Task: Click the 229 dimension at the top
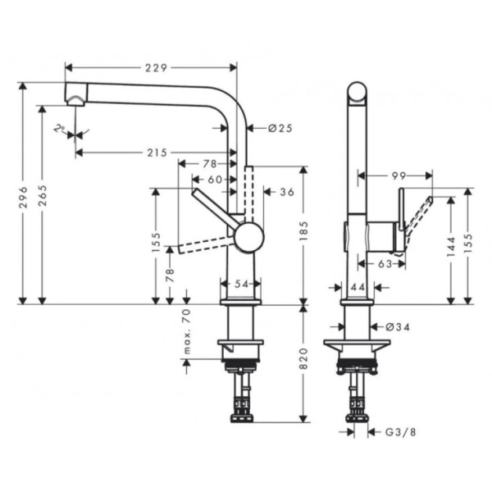click(x=150, y=68)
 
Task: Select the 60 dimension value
click(x=214, y=178)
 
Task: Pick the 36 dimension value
click(x=287, y=192)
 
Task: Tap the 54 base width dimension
click(x=241, y=283)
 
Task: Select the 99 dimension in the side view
click(x=399, y=175)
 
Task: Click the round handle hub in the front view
click(x=248, y=239)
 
